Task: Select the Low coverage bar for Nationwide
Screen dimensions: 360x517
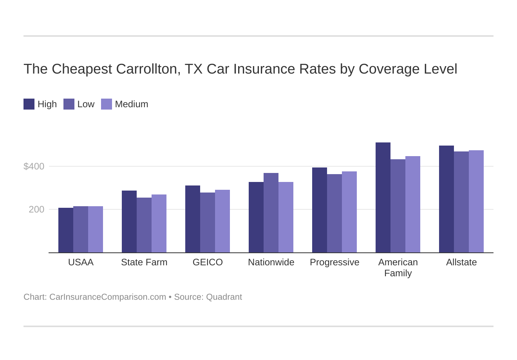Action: [271, 213]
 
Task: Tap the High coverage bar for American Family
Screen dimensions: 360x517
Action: [383, 198]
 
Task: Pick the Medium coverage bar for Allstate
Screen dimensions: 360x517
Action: [476, 202]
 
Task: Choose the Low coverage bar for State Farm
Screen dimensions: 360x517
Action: [144, 225]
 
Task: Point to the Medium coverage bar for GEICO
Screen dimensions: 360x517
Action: [222, 221]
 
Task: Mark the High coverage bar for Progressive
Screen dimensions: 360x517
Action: [320, 210]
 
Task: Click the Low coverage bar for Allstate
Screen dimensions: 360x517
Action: [461, 202]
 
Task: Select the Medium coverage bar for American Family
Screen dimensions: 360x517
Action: [413, 204]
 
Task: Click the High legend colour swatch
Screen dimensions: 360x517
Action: [29, 104]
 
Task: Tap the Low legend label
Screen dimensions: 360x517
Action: [86, 104]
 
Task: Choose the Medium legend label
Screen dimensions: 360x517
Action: [132, 104]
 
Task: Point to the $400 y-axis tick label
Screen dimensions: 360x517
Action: [34, 166]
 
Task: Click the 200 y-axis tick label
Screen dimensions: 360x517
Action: [36, 209]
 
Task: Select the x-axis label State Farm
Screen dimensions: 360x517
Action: [144, 262]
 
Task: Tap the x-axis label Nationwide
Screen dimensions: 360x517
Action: [271, 262]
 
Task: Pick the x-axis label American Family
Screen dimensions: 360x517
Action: [398, 268]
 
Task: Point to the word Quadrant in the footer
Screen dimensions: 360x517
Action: [224, 297]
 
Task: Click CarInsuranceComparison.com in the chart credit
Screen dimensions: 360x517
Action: [108, 297]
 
